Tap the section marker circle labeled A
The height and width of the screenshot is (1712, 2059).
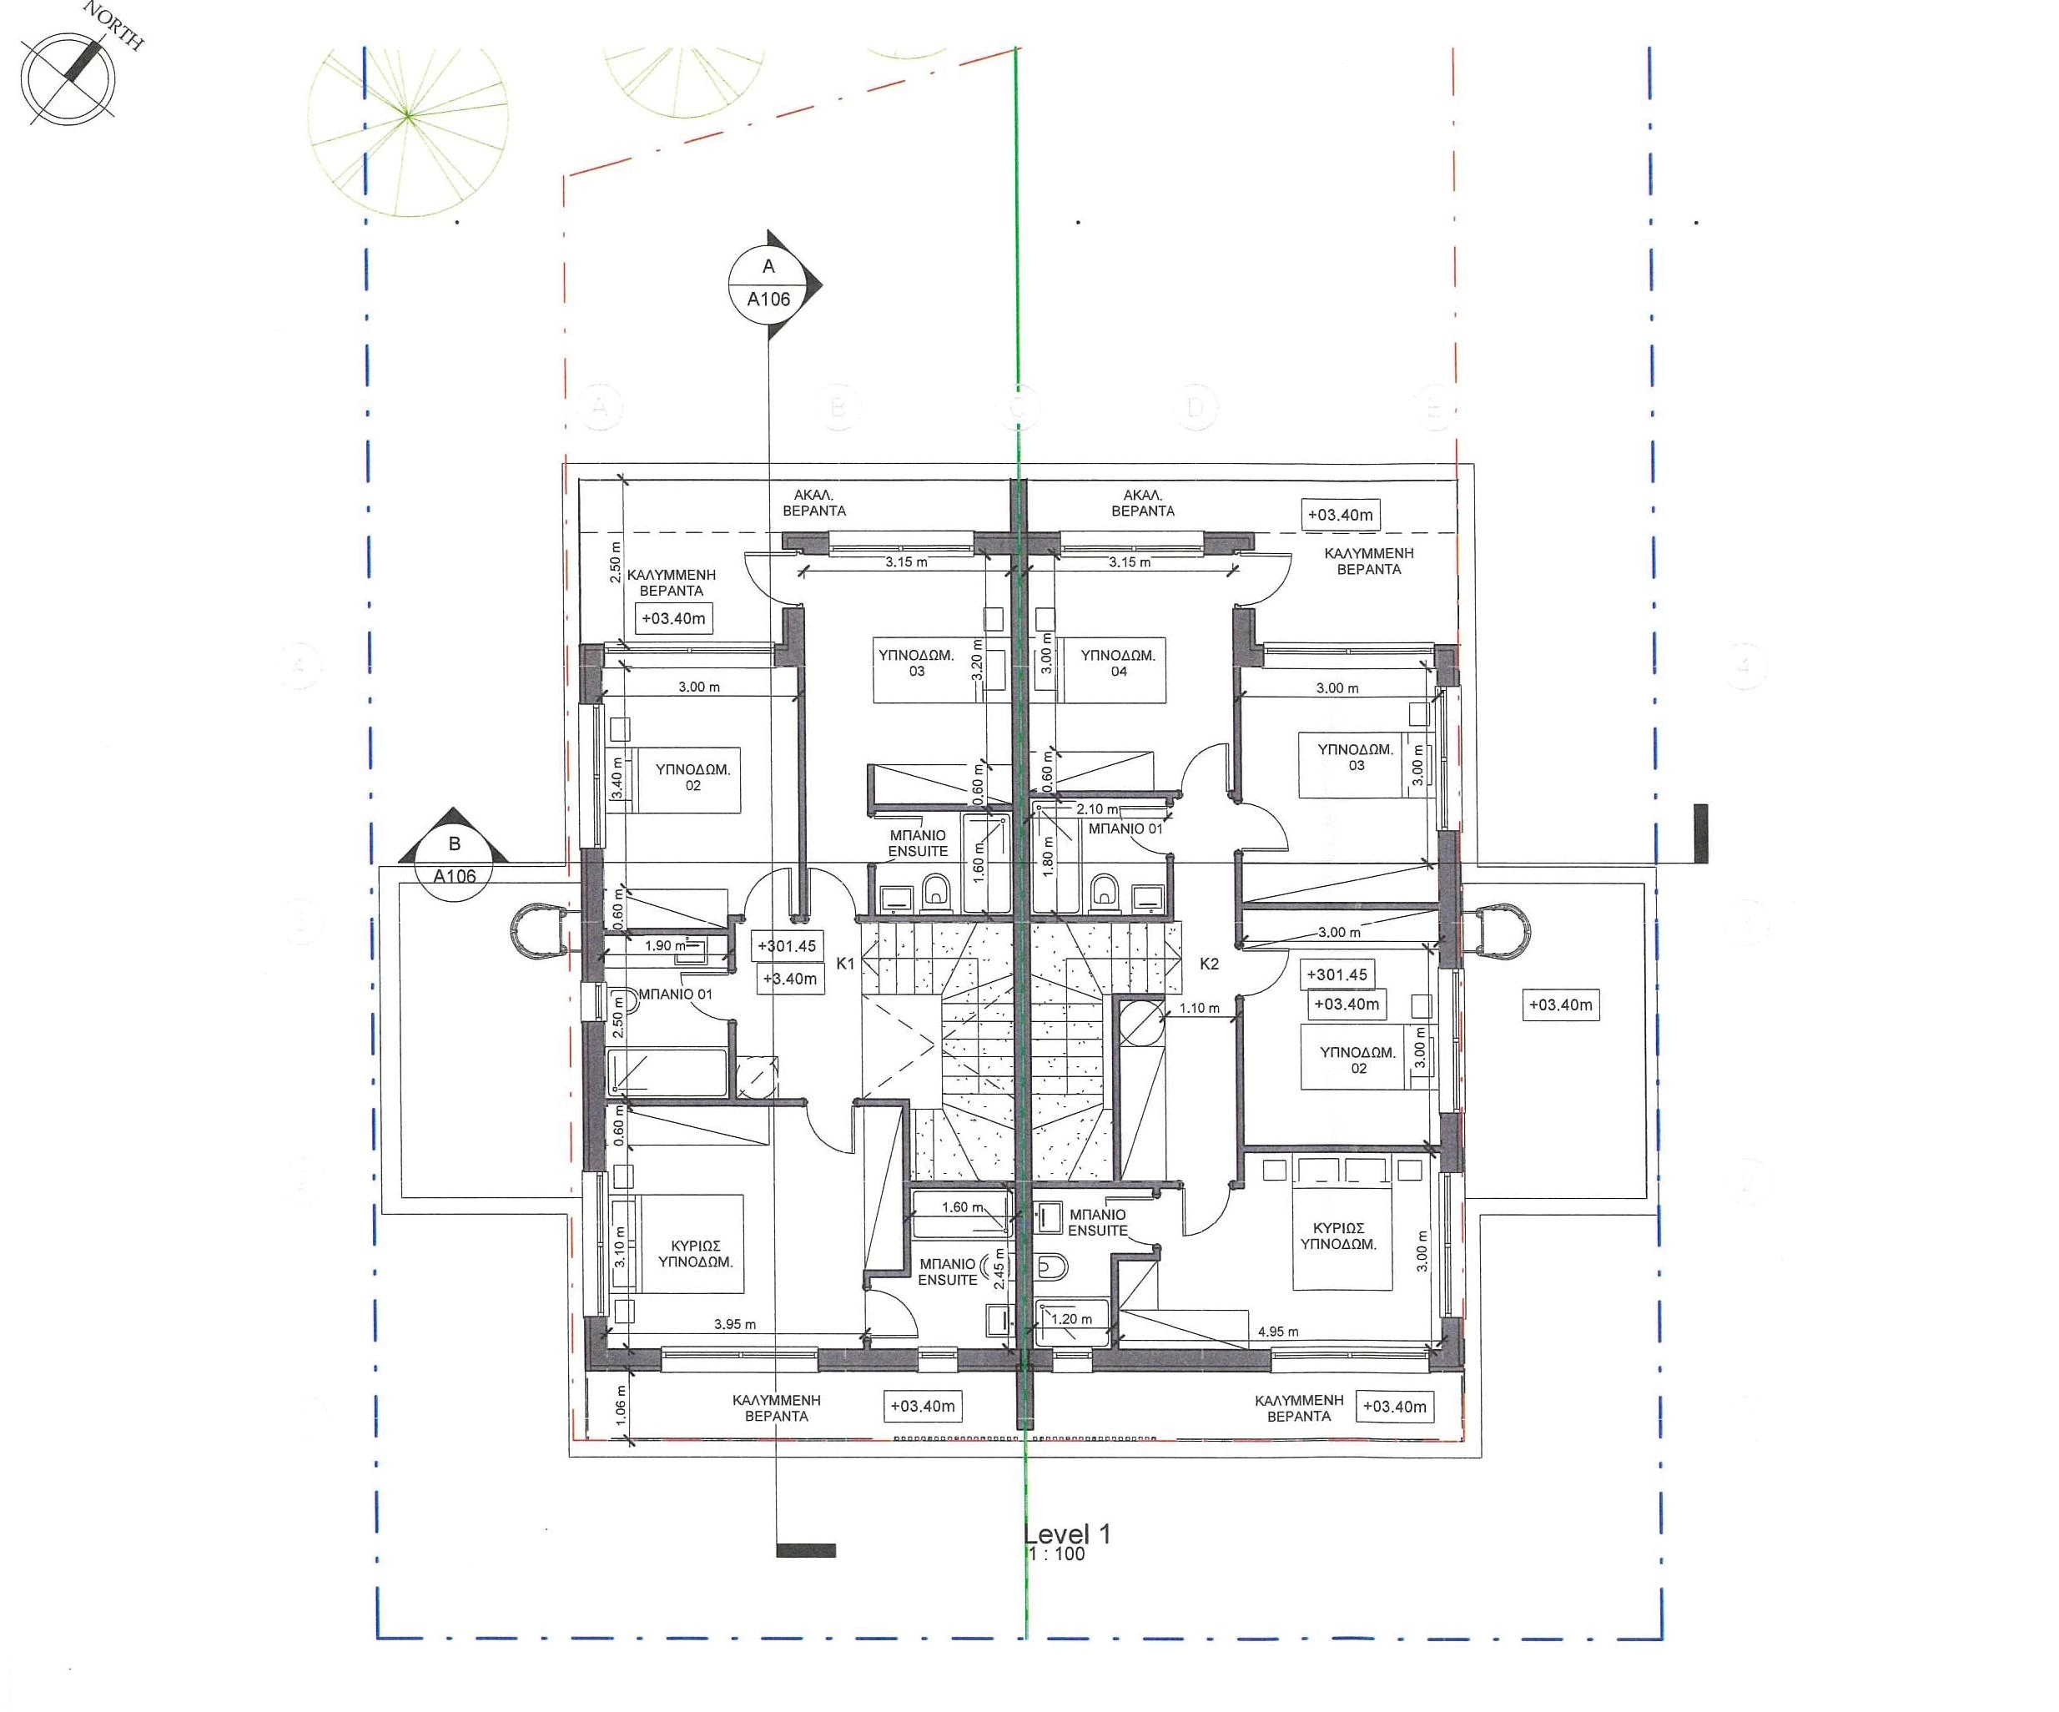(x=768, y=284)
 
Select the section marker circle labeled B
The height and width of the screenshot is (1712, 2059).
(x=454, y=859)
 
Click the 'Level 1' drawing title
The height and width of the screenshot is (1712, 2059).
(x=1067, y=1533)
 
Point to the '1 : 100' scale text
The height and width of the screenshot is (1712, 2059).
(x=1056, y=1554)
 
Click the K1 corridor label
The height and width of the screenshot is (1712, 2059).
(x=845, y=964)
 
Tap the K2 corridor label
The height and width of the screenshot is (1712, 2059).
(x=1209, y=964)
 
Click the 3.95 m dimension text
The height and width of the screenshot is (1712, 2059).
(x=734, y=1324)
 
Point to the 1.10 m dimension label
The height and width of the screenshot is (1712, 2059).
(x=1199, y=1008)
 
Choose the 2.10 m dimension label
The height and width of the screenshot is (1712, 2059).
(x=1097, y=809)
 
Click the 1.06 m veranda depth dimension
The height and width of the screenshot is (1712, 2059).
(x=620, y=1404)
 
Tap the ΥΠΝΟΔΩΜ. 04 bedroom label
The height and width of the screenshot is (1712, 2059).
(x=1118, y=662)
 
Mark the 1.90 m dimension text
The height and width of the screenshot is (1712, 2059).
(x=666, y=946)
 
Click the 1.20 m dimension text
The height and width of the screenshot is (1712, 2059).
(x=1072, y=1319)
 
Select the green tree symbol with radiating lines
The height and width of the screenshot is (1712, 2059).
(x=408, y=116)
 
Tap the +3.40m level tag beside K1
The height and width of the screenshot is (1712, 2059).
(x=789, y=979)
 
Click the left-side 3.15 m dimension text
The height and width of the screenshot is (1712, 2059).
(x=906, y=563)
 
